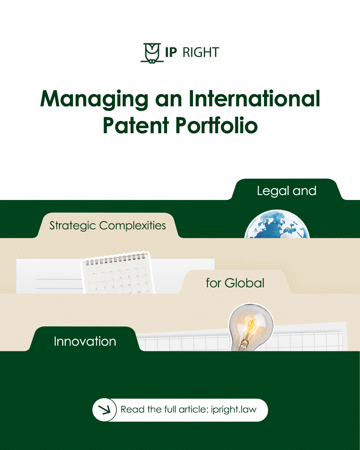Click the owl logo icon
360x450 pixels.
[x=152, y=53]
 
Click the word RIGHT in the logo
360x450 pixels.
[x=201, y=53]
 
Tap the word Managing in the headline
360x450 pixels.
[x=94, y=99]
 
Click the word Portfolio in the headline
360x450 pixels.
[x=217, y=125]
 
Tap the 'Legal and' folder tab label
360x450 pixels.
[x=286, y=191]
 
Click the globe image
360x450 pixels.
[x=277, y=225]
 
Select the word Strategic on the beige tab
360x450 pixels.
[x=73, y=226]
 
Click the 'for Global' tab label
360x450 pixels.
[x=235, y=283]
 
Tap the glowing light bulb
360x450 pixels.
[x=251, y=323]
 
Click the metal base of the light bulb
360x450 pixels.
[x=244, y=343]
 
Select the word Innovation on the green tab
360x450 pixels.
[x=85, y=341]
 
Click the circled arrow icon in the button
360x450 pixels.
[x=105, y=410]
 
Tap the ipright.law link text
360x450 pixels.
[x=234, y=410]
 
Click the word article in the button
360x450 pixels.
[x=193, y=409]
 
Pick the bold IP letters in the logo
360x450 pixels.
[x=171, y=53]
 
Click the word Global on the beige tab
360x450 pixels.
[x=244, y=283]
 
